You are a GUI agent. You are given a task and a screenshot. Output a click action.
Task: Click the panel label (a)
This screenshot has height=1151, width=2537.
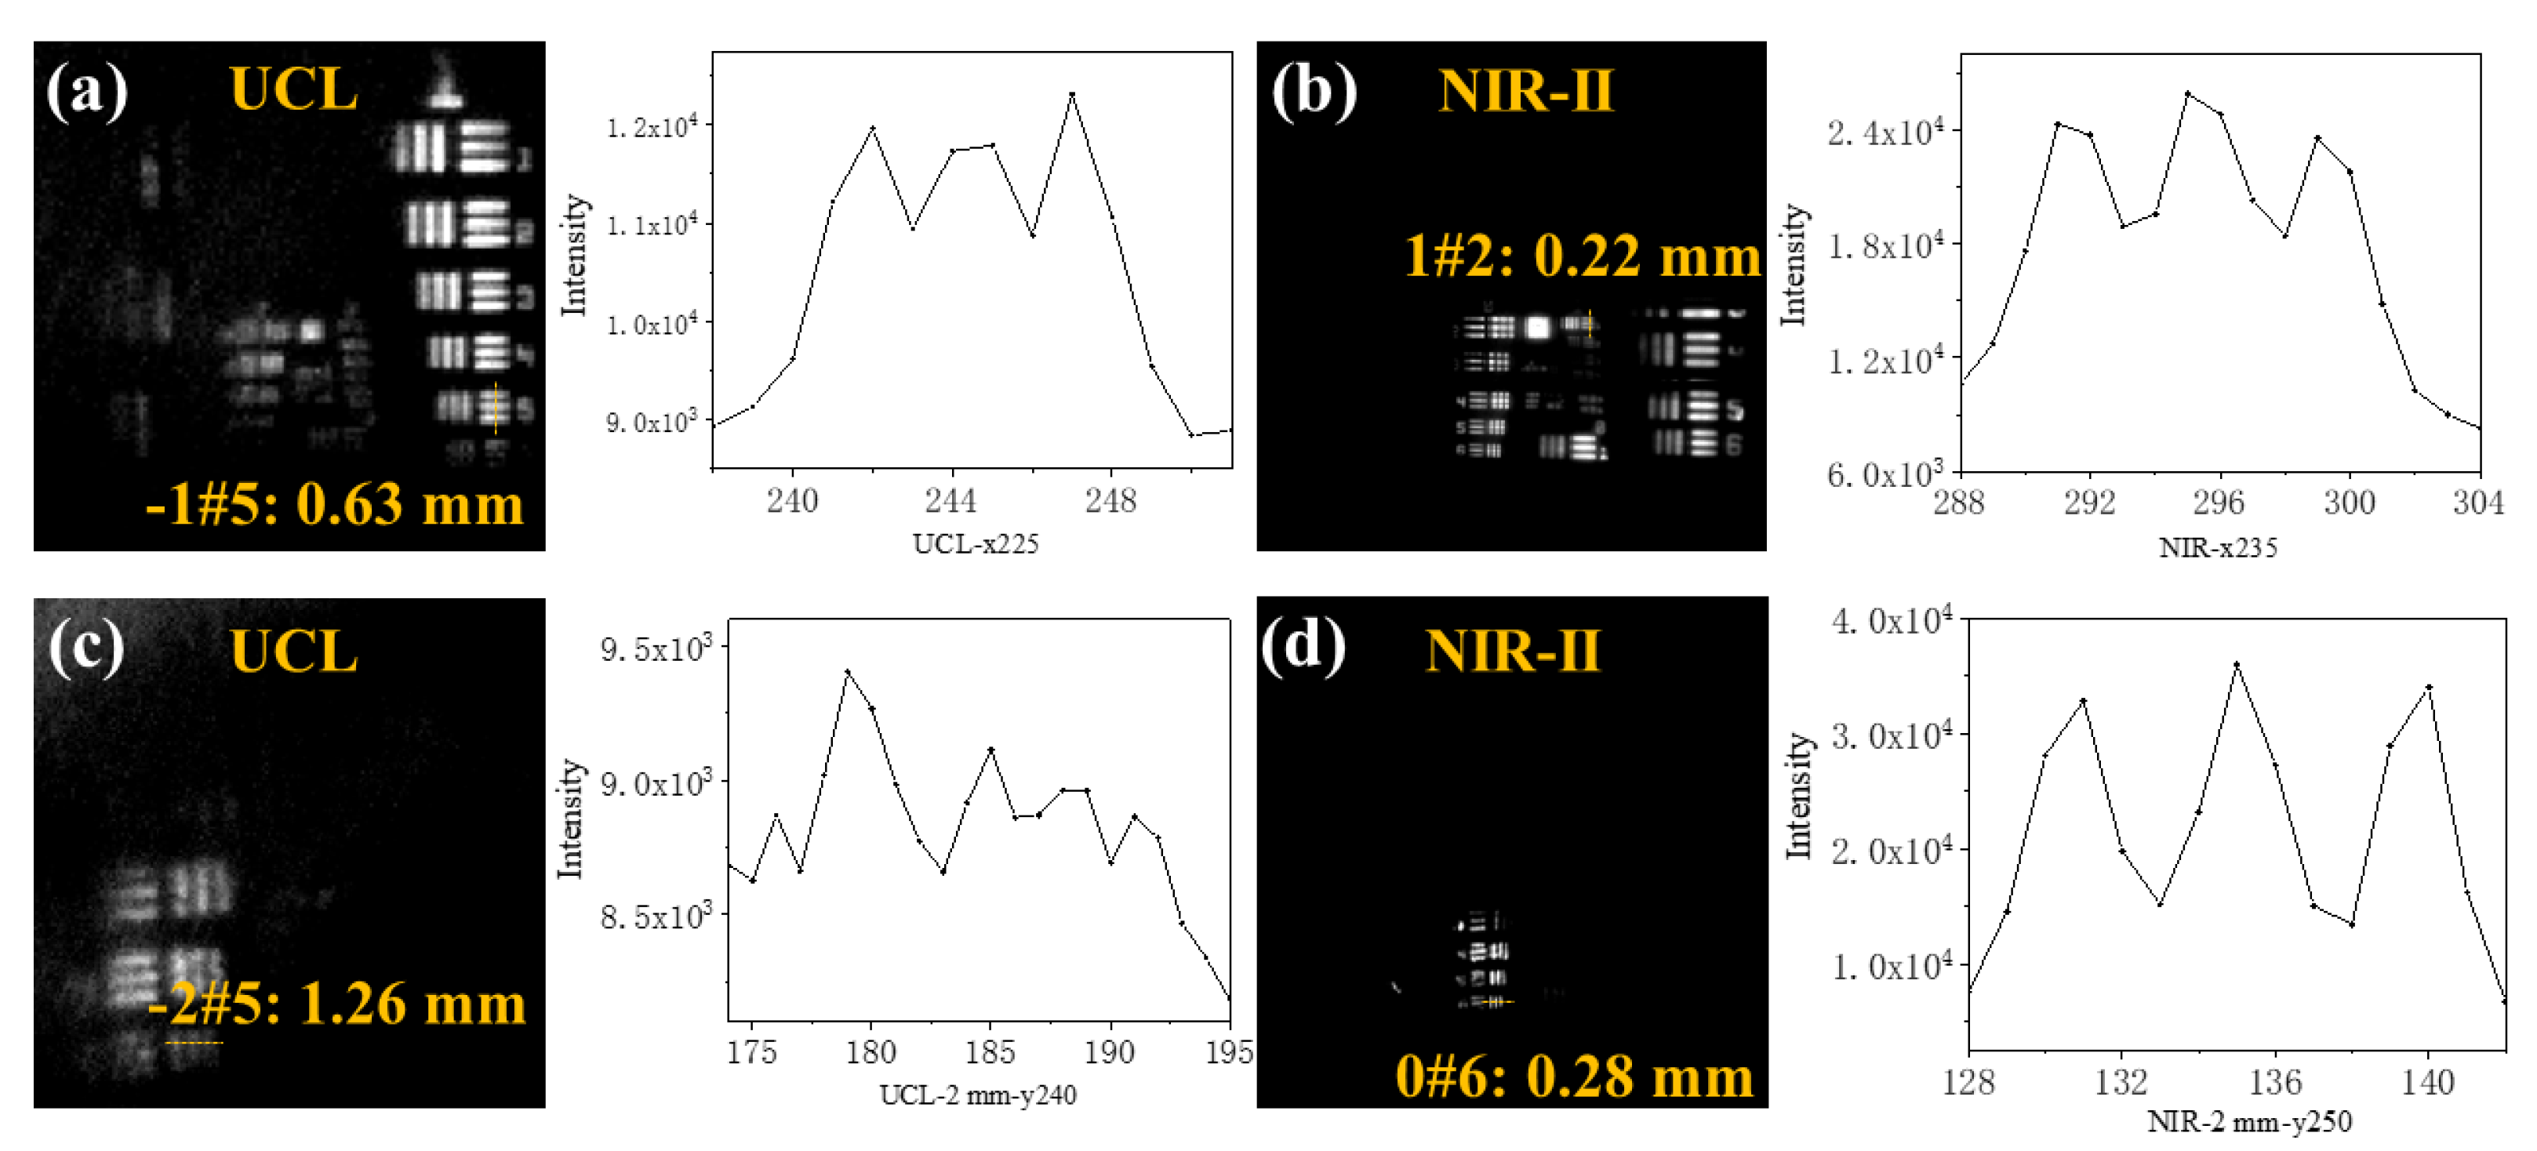87,92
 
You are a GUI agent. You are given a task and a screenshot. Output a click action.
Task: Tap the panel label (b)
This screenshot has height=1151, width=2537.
1314,92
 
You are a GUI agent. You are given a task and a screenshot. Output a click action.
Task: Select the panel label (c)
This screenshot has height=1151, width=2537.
87,650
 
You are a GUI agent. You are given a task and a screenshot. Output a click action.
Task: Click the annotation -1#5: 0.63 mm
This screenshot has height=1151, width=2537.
334,504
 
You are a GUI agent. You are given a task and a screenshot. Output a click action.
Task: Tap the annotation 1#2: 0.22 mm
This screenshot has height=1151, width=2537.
1582,257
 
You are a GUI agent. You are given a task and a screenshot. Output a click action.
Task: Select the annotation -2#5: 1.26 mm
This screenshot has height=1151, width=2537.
336,1004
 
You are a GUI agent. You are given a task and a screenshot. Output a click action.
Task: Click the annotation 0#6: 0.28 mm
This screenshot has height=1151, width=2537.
1574,1077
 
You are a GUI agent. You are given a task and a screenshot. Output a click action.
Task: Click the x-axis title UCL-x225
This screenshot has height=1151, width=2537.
975,544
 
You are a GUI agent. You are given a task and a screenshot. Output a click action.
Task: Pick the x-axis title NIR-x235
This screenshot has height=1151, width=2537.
2218,547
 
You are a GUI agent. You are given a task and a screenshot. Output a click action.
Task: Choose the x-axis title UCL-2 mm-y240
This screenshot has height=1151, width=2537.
977,1095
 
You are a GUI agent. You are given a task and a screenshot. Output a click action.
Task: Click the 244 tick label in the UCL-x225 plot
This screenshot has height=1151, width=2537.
950,501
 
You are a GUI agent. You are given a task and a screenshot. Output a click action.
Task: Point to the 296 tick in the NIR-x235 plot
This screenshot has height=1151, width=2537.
2218,503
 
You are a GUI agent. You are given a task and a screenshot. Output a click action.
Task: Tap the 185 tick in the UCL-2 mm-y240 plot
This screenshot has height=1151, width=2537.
990,1052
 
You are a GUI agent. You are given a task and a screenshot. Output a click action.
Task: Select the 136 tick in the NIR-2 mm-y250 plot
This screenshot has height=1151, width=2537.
2275,1083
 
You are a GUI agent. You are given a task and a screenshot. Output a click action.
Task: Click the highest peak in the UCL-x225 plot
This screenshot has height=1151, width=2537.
1071,95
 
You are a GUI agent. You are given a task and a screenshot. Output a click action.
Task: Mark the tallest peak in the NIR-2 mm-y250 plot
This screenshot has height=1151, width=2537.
2237,665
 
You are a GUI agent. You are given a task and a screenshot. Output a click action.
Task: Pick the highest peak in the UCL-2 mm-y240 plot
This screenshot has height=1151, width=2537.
847,671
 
